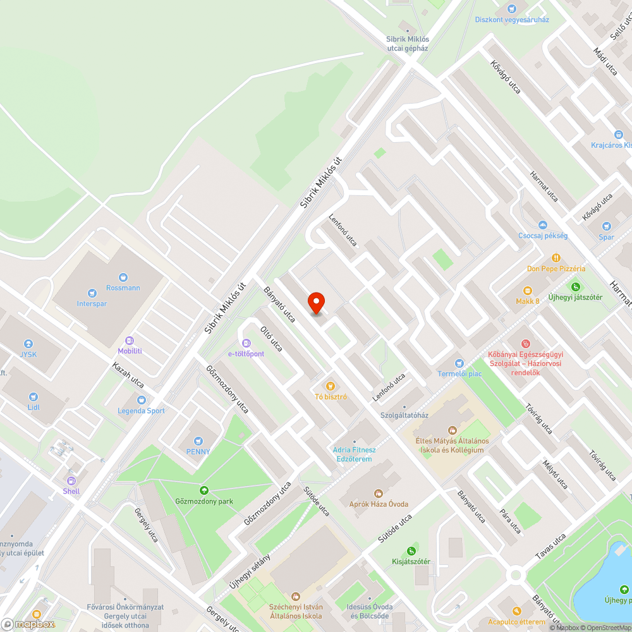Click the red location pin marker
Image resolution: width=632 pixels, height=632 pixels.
(x=316, y=303)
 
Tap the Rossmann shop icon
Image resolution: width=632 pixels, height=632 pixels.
(x=123, y=277)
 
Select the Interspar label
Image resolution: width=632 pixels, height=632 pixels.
(x=92, y=304)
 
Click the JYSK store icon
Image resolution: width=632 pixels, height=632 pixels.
(x=28, y=343)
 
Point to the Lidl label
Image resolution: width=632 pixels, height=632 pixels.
(x=33, y=407)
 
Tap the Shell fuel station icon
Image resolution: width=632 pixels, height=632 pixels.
(x=71, y=480)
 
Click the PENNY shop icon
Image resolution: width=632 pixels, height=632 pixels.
(x=198, y=441)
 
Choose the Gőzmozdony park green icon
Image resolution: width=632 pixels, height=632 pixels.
(x=204, y=490)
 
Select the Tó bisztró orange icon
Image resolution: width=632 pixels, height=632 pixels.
(x=329, y=386)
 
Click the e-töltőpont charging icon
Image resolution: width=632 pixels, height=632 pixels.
(x=238, y=343)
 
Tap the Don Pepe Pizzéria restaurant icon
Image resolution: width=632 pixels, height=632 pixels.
(x=556, y=258)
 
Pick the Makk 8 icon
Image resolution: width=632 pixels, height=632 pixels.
(x=526, y=290)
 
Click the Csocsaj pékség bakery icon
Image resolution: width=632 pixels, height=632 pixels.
(x=542, y=225)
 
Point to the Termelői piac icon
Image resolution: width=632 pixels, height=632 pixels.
(x=459, y=363)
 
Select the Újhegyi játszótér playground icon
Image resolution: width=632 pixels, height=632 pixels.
(x=575, y=286)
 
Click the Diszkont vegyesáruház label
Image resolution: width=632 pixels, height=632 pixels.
(x=512, y=20)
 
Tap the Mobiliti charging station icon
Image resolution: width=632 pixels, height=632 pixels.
(x=130, y=340)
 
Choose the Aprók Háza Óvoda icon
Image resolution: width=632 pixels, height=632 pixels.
(x=379, y=493)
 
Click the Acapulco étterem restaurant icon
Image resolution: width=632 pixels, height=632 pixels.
(x=517, y=611)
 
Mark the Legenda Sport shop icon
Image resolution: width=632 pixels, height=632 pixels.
(x=141, y=400)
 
